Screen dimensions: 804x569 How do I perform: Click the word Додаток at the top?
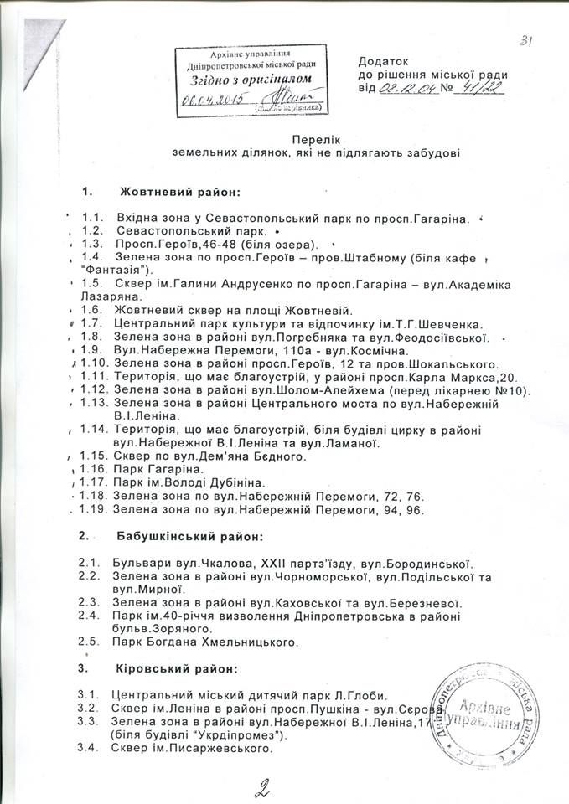pyautogui.click(x=382, y=61)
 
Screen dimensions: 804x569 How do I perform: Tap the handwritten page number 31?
pyautogui.click(x=527, y=39)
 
